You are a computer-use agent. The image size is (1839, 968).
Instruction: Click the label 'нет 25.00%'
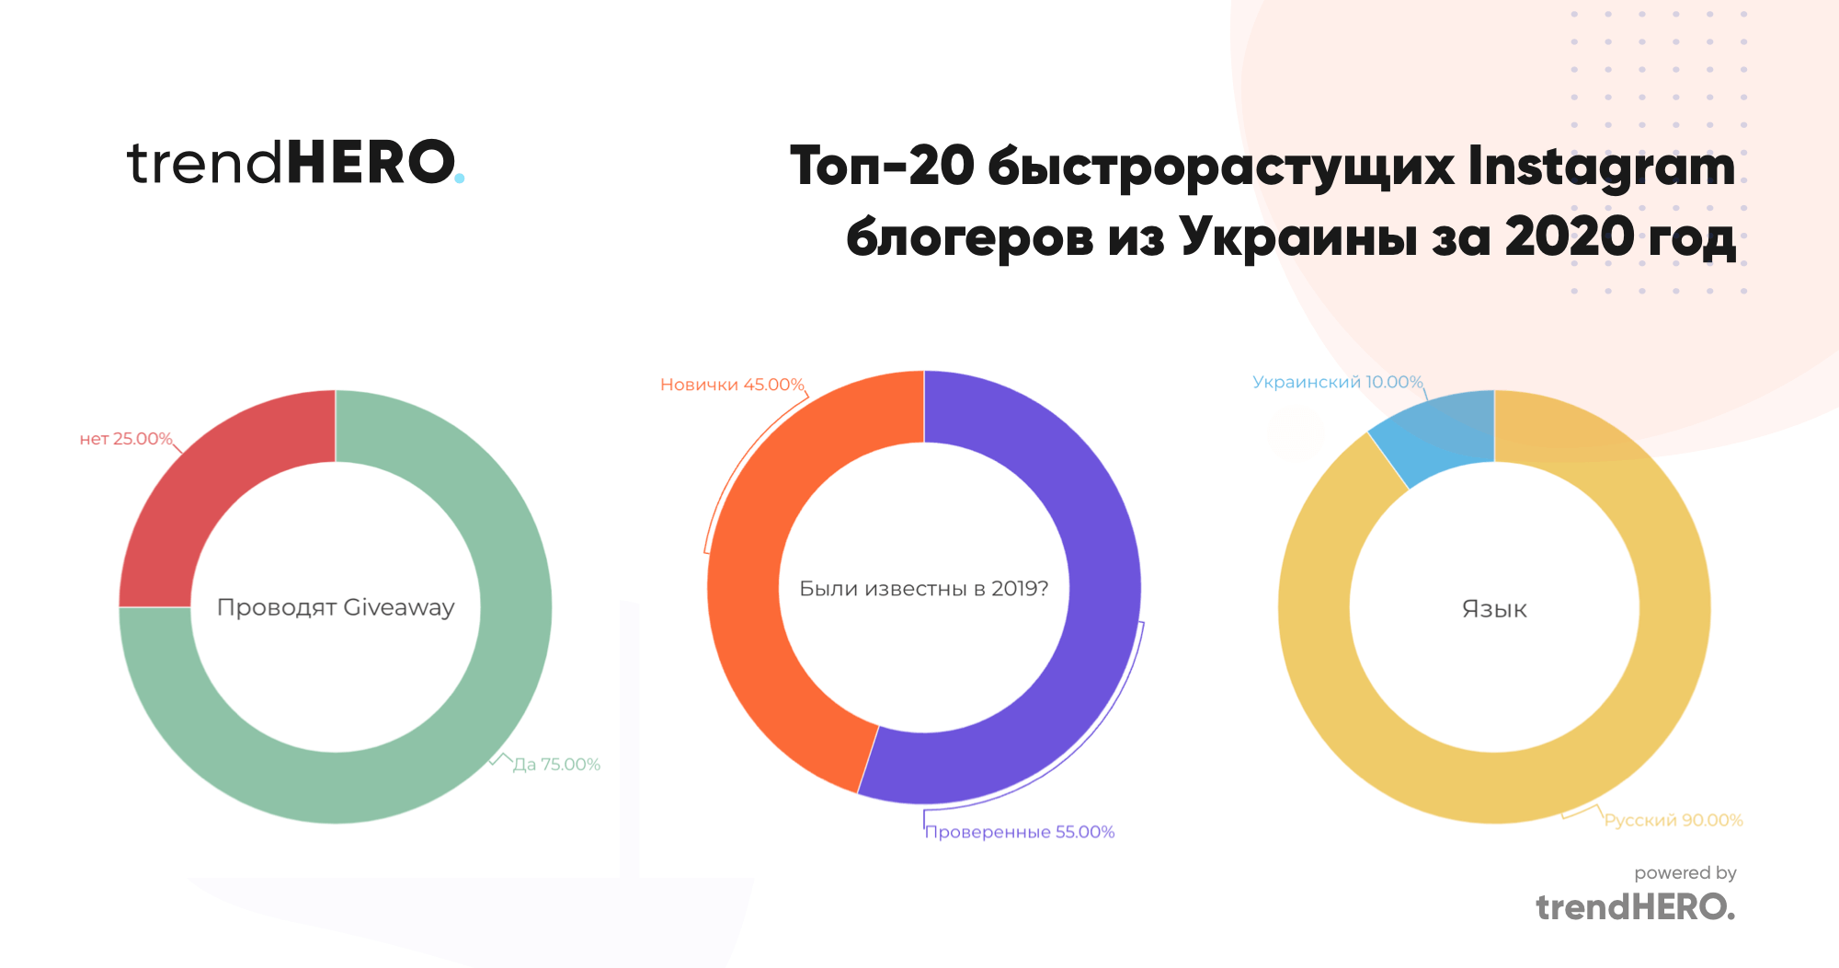[x=126, y=439]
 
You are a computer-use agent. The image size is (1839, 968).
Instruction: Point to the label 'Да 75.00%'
[x=556, y=765]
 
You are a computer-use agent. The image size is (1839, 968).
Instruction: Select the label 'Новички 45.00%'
[x=732, y=385]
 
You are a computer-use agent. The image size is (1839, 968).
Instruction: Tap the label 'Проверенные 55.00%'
[x=1019, y=833]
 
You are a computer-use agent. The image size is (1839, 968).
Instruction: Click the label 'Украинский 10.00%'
[x=1337, y=382]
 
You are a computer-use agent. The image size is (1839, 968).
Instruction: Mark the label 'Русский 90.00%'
[x=1673, y=820]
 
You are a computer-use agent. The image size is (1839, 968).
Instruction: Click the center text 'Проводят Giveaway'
[x=336, y=607]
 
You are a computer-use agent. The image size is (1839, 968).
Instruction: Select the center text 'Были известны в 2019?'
[x=923, y=589]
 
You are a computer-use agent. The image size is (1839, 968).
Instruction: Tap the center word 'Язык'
[x=1494, y=609]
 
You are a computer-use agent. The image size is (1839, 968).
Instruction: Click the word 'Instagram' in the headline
[x=1601, y=167]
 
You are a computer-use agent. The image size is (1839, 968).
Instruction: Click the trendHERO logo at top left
[x=295, y=163]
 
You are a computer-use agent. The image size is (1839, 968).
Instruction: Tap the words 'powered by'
[x=1685, y=872]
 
